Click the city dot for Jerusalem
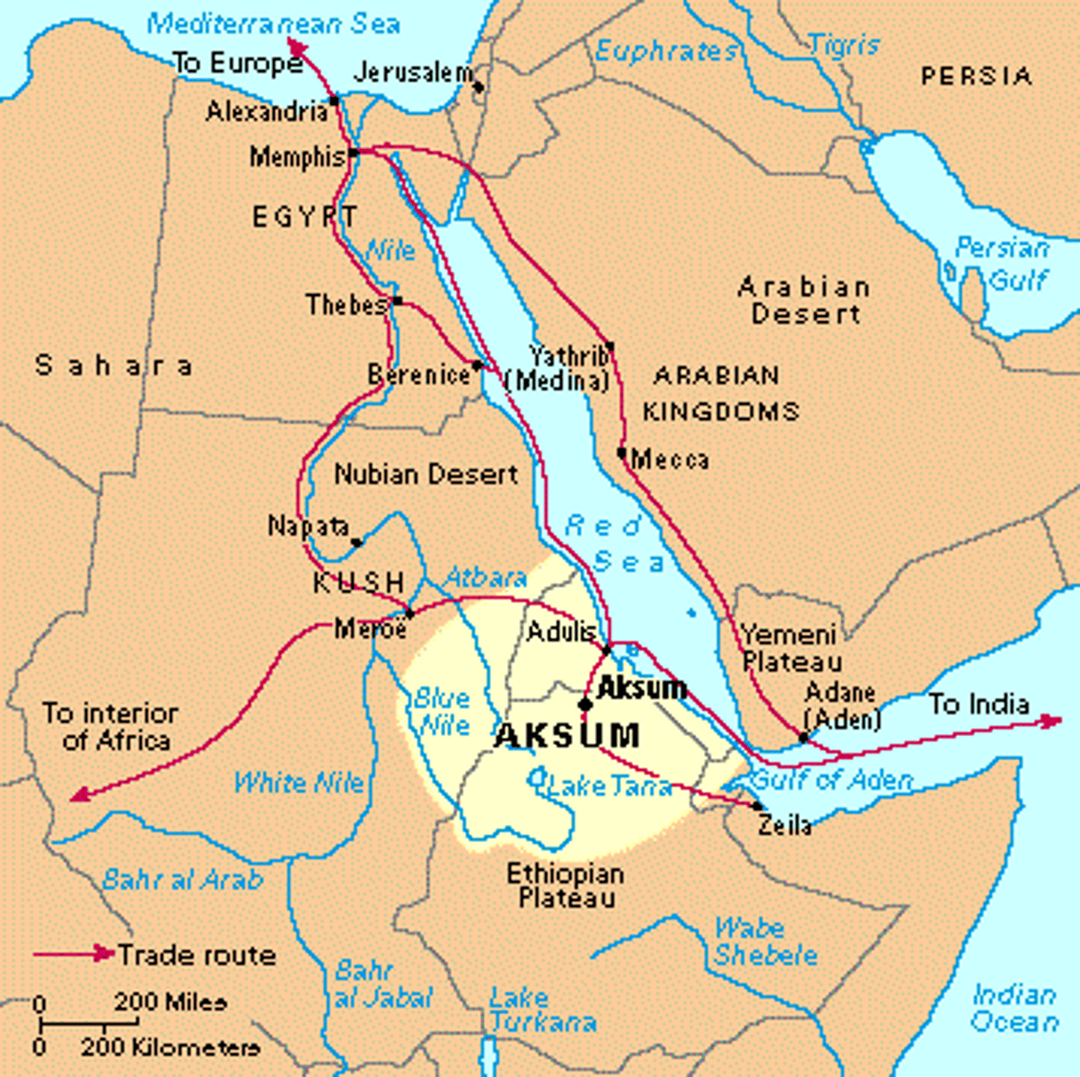479,87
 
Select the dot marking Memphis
354,153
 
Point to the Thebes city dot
397,301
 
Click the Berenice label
418,373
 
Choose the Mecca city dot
621,452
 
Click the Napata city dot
356,542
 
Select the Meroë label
370,628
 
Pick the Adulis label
562,631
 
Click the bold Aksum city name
641,688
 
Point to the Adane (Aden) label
842,705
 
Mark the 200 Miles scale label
170,1001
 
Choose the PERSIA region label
976,76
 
